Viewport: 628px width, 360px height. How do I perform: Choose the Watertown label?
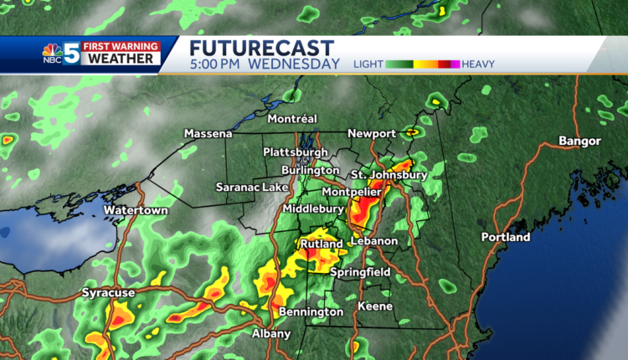click(136, 210)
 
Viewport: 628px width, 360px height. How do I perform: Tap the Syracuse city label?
click(109, 293)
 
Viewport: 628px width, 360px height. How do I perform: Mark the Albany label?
click(271, 333)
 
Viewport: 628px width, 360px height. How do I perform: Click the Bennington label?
click(311, 311)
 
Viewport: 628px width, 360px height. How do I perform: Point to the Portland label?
click(505, 237)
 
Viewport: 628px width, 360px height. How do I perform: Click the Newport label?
click(373, 133)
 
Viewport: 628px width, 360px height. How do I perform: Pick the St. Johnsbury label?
click(389, 174)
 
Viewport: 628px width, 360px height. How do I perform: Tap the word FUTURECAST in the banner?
click(261, 48)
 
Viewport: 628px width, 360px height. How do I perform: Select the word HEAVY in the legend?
click(478, 64)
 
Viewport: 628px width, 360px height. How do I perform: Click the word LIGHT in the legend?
click(368, 64)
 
